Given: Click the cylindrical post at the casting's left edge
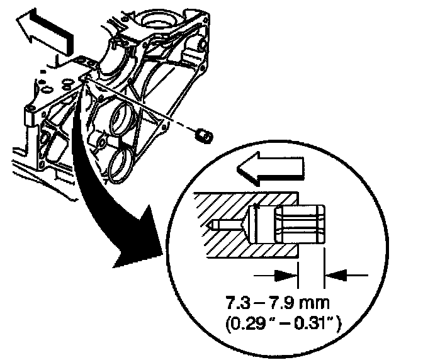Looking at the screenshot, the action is coord(28,116).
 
